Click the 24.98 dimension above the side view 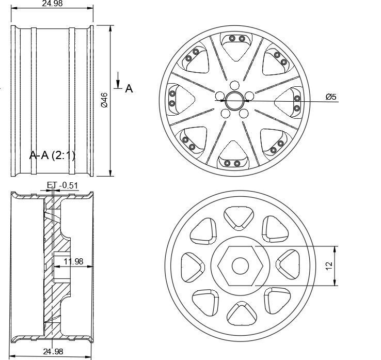click(52, 4)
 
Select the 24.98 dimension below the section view click(52, 351)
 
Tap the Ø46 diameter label click(104, 100)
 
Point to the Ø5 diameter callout click(331, 97)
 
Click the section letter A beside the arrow click(129, 89)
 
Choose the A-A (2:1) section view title click(52, 155)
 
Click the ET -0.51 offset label click(62, 185)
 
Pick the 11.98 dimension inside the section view click(73, 261)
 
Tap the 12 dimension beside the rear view click(329, 265)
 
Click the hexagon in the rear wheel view click(240, 265)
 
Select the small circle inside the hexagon click(240, 265)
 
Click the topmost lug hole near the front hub click(234, 86)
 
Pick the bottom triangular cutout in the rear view click(239, 313)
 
